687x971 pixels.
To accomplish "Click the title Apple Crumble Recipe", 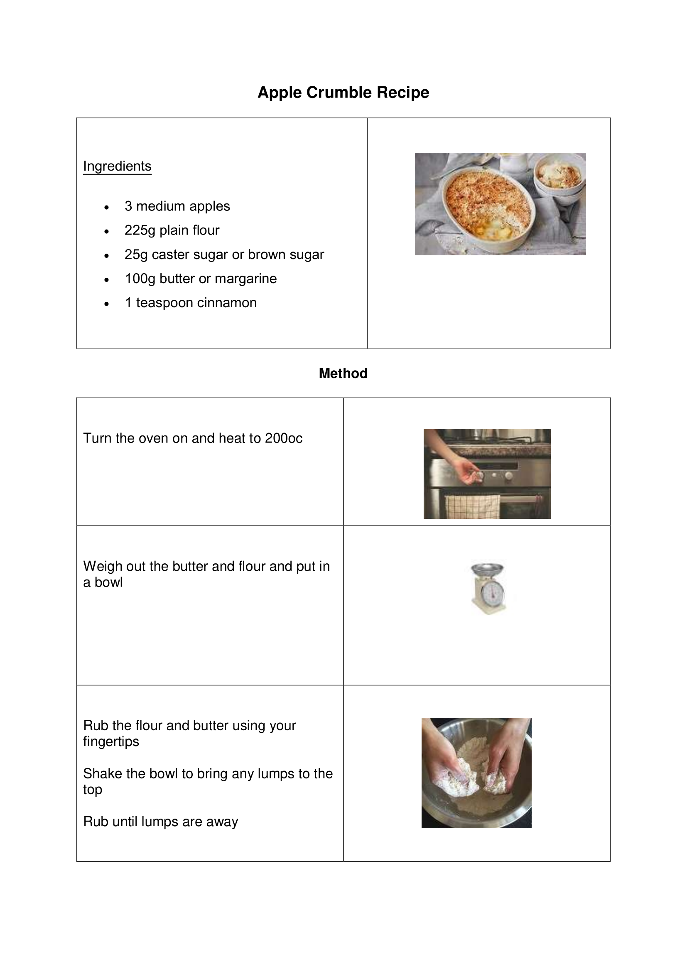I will (343, 92).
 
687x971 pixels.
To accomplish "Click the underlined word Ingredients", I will (117, 166).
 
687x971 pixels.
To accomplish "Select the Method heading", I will (343, 373).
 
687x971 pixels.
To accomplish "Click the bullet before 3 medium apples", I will (107, 207).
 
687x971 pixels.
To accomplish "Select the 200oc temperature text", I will (283, 438).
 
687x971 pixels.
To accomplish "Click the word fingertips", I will (111, 741).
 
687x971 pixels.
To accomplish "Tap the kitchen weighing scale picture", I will (488, 588).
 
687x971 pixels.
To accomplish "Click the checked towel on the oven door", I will (473, 506).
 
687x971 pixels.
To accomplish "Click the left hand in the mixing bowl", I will (455, 774).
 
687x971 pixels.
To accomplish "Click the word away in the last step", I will (222, 821).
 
